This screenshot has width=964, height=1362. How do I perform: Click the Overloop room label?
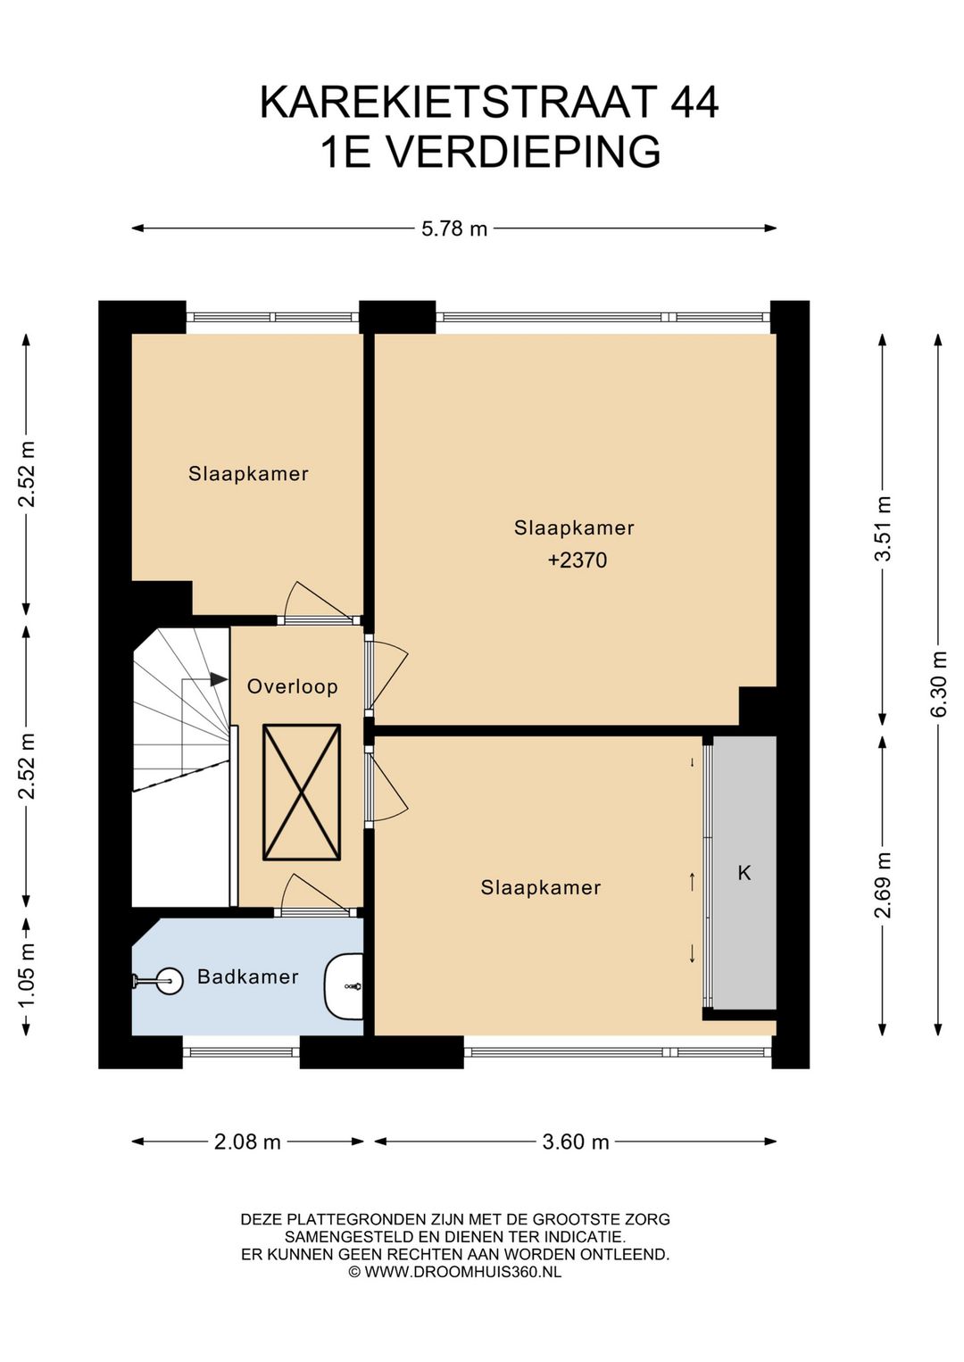pyautogui.click(x=292, y=686)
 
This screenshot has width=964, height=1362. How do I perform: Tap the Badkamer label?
pyautogui.click(x=247, y=976)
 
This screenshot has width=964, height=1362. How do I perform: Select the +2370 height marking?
pyautogui.click(x=578, y=560)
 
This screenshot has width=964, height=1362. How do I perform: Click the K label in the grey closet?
pyautogui.click(x=744, y=873)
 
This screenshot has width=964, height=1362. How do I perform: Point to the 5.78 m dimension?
pyautogui.click(x=454, y=228)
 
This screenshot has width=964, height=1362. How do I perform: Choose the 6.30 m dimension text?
pyautogui.click(x=938, y=684)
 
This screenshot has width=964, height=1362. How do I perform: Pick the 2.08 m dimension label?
pyautogui.click(x=247, y=1142)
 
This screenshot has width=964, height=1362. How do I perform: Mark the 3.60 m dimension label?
pyautogui.click(x=576, y=1142)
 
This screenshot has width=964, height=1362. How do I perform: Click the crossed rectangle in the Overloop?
pyautogui.click(x=301, y=793)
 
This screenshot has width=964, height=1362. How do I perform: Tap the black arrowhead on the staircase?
pyautogui.click(x=219, y=679)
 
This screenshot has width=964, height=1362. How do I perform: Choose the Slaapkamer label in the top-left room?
pyautogui.click(x=248, y=474)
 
